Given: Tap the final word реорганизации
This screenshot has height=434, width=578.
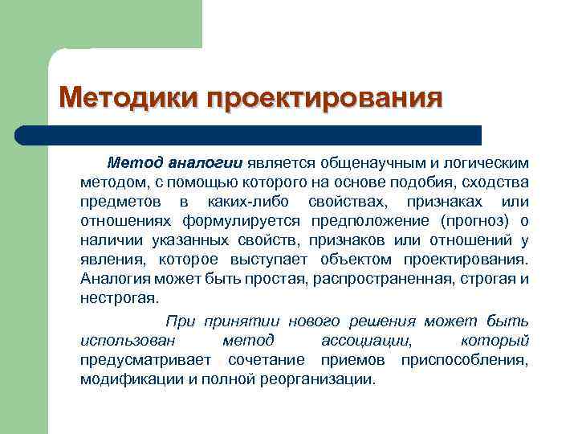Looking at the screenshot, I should pos(320,379).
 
